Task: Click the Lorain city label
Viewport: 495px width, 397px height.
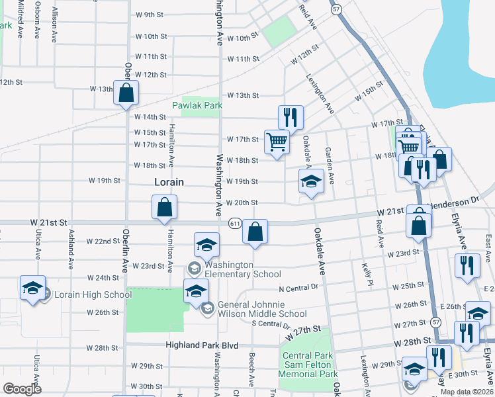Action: coord(169,181)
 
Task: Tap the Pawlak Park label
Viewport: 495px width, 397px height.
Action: coord(197,105)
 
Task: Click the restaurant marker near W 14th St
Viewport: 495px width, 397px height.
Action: coord(291,117)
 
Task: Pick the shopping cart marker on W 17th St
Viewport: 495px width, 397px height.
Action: coord(276,141)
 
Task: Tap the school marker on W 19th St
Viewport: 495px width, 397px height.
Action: coord(310,181)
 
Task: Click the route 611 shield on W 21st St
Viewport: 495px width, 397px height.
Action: coord(235,224)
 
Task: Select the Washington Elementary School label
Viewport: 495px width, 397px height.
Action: coord(239,269)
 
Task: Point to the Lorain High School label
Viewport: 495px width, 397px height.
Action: coord(93,295)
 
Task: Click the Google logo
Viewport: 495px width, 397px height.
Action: coord(22,389)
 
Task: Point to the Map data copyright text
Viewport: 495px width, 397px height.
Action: coord(467,391)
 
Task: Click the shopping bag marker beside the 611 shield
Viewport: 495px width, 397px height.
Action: coord(255,231)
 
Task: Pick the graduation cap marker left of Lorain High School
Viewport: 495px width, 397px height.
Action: coord(32,288)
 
